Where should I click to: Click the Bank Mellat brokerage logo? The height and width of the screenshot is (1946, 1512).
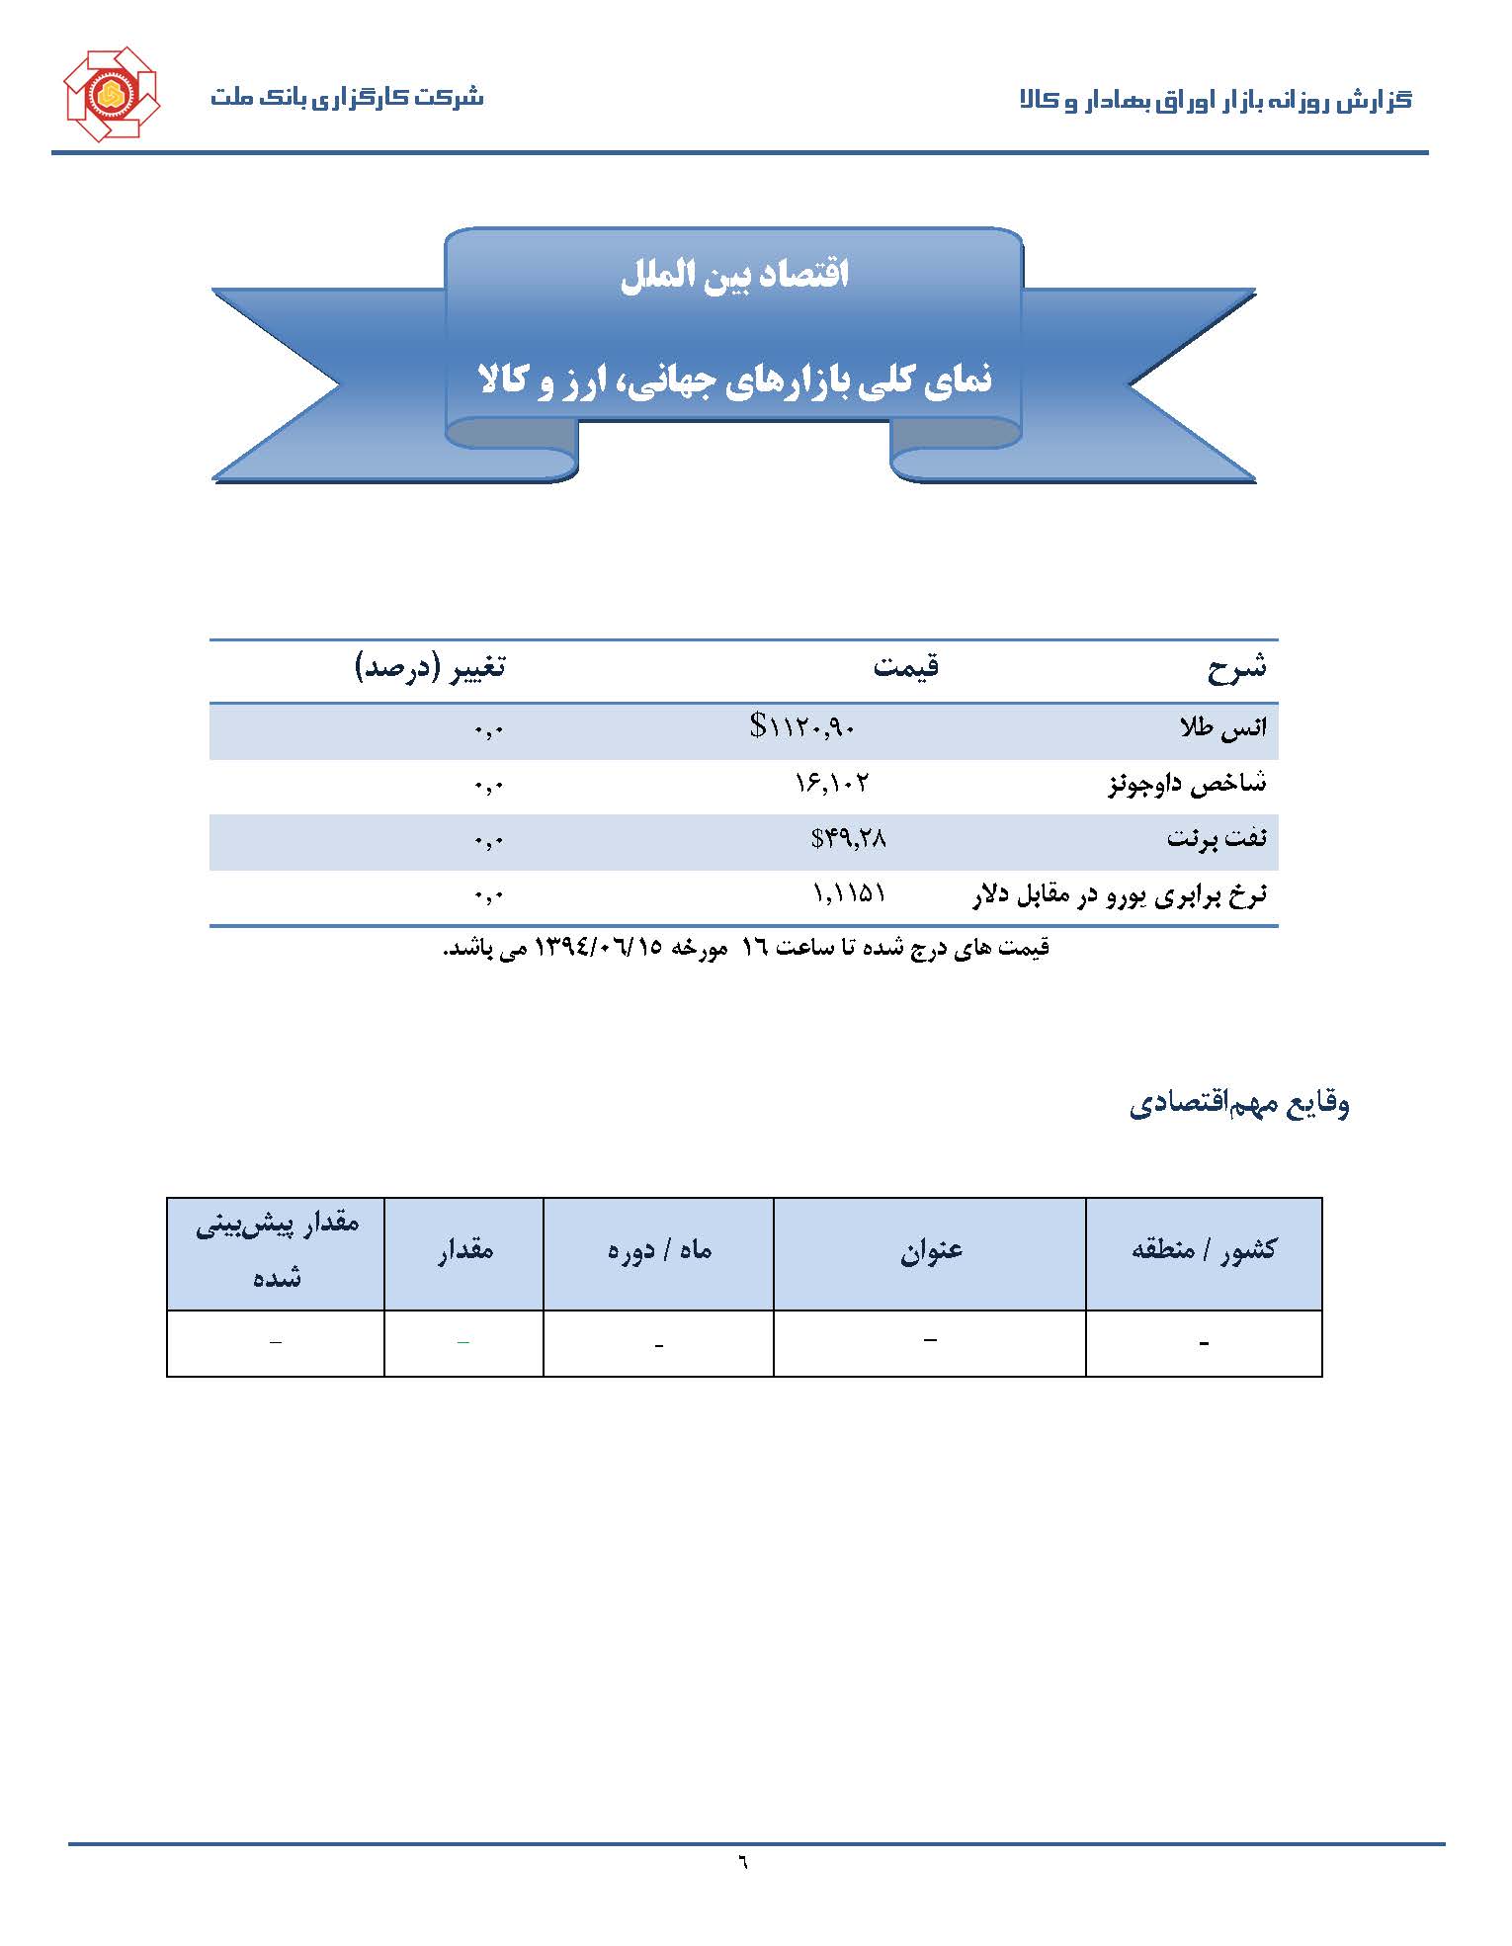[x=111, y=94]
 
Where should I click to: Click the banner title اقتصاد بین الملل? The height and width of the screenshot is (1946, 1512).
[x=734, y=275]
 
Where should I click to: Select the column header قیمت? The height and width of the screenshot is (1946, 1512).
[x=905, y=667]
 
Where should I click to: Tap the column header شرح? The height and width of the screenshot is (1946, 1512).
[x=1235, y=668]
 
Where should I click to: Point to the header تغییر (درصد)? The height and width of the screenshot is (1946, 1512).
[x=430, y=667]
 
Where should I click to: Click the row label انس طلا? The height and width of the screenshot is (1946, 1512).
[x=1222, y=728]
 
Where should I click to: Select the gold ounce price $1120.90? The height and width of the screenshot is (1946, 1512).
[x=802, y=728]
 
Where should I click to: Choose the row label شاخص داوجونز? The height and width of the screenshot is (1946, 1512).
[x=1186, y=785]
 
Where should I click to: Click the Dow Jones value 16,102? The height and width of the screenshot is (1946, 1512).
[x=832, y=784]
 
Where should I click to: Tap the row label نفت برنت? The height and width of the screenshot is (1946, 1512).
[x=1216, y=839]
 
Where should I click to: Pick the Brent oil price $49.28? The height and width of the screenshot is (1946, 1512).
[x=848, y=839]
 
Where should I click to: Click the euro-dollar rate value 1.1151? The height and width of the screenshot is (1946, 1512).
[x=848, y=894]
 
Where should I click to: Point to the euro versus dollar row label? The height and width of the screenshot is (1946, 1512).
[x=1121, y=895]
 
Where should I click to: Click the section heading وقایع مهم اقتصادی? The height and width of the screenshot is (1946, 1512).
[x=1239, y=1103]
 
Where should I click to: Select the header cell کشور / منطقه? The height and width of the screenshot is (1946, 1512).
[x=1203, y=1251]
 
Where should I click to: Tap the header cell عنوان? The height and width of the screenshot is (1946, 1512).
[x=930, y=1251]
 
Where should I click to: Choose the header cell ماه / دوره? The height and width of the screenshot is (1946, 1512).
[x=658, y=1251]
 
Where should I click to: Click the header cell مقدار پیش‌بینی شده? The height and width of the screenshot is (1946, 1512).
[x=276, y=1251]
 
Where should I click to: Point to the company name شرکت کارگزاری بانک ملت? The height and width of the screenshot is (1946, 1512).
[x=346, y=98]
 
